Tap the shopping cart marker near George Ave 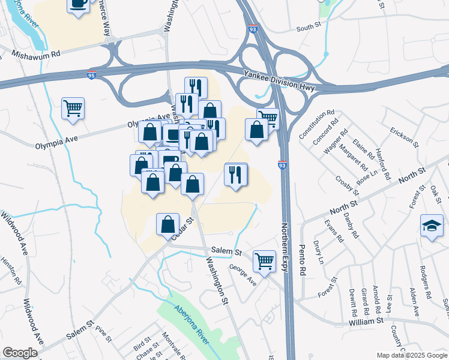point(264,261)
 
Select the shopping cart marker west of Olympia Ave point(73,109)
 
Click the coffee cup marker point(78,5)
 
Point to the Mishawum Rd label point(36,54)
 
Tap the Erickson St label point(404,136)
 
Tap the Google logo point(20,353)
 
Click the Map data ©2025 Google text point(411,355)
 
